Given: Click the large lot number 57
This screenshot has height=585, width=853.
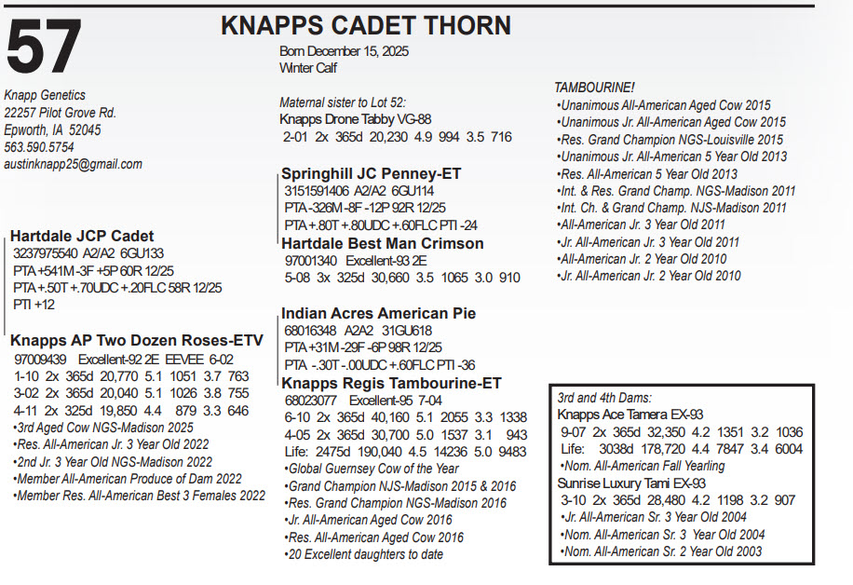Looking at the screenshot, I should coord(45,48).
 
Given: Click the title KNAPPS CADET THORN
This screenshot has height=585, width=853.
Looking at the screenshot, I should coord(366,25).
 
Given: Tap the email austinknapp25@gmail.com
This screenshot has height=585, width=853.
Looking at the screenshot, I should coord(73,164).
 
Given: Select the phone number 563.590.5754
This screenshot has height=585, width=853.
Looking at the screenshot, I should coord(39,147).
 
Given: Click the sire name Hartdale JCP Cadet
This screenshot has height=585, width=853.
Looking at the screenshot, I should coord(82,236).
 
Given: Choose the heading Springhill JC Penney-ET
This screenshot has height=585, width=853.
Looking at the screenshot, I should coord(372,174).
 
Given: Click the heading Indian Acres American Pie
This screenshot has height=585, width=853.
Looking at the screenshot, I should coord(379,313).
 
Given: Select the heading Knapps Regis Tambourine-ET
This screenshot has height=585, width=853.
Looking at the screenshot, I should coord(392,383).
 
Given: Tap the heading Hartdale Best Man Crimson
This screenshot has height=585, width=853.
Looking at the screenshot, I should coord(383,243).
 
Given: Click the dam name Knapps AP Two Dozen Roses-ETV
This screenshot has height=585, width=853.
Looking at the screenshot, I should coord(137,340).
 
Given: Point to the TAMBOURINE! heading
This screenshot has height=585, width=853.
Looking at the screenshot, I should coord(594,88).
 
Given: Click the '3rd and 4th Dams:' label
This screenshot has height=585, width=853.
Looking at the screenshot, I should coord(604,397).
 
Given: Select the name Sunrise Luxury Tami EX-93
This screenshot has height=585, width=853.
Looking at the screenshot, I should coord(631,483).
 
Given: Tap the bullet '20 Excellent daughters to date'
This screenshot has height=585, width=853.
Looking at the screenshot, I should coord(364,554).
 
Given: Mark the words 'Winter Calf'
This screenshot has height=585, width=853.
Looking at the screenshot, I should coord(308,68).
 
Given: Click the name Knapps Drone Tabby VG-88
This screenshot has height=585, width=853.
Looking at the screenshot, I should coord(356,119).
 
